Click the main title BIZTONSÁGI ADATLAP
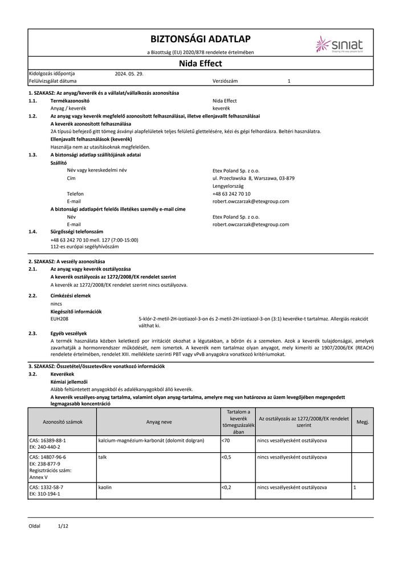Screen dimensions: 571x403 click(x=200, y=39)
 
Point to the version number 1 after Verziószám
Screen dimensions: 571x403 click(x=289, y=82)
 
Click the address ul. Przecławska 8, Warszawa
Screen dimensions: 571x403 click(x=253, y=178)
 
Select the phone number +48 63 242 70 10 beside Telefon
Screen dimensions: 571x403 click(x=234, y=194)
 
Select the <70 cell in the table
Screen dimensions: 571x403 click(x=226, y=441)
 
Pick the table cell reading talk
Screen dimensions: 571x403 click(x=103, y=457)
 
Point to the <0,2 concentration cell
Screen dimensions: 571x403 click(x=228, y=487)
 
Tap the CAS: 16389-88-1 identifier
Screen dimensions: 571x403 click(x=47, y=441)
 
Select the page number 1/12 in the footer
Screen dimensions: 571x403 click(x=63, y=525)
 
